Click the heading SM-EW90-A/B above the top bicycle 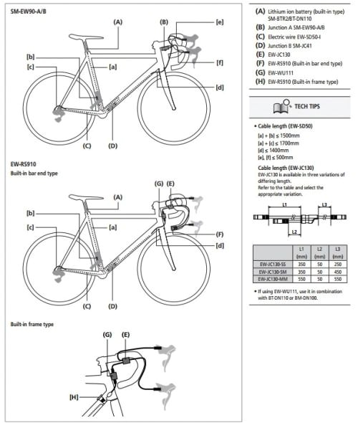tap(29, 10)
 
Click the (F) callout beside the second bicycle tap(220, 234)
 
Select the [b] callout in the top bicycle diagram tap(30, 57)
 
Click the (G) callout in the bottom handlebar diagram tap(107, 334)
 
